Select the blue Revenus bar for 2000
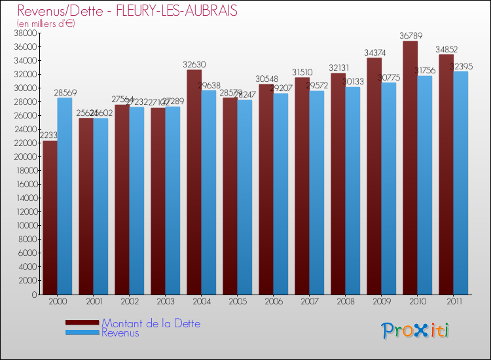click(65, 196)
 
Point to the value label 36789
click(410, 36)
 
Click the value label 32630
click(194, 64)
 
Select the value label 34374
click(374, 52)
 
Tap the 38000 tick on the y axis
click(26, 33)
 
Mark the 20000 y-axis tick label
click(26, 157)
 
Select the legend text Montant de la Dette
click(151, 323)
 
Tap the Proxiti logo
click(414, 331)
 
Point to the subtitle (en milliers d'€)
click(46, 24)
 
